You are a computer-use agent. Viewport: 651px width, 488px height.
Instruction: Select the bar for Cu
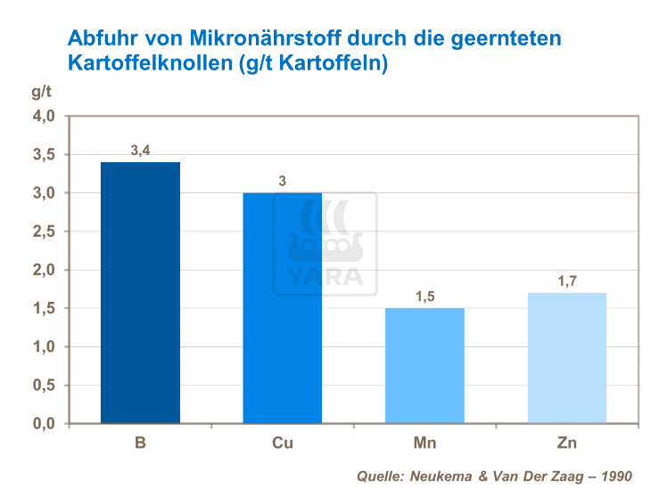coord(282,307)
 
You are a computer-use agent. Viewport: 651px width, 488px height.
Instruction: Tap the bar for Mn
coord(424,365)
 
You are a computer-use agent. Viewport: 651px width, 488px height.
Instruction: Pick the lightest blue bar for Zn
coord(567,357)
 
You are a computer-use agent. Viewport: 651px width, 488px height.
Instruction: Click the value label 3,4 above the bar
coord(140,150)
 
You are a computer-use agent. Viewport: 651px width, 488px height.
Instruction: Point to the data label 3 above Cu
coord(283,182)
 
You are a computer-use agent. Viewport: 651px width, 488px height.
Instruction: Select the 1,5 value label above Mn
coord(424,297)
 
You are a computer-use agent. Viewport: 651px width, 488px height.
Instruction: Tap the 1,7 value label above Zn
coord(567,281)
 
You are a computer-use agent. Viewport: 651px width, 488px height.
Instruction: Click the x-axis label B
coord(140,442)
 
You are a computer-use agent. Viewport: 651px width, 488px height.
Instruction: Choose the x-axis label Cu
coord(283,442)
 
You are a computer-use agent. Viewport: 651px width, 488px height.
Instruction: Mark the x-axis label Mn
coord(424,442)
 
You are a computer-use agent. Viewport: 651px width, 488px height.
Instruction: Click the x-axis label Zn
coord(567,442)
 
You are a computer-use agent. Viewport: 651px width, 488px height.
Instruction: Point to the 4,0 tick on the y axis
coord(45,116)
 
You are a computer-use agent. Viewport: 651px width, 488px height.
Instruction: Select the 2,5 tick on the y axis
coord(45,232)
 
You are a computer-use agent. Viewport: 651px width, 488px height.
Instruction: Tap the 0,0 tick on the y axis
coord(45,424)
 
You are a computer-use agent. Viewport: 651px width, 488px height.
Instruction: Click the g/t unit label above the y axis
coord(41,92)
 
